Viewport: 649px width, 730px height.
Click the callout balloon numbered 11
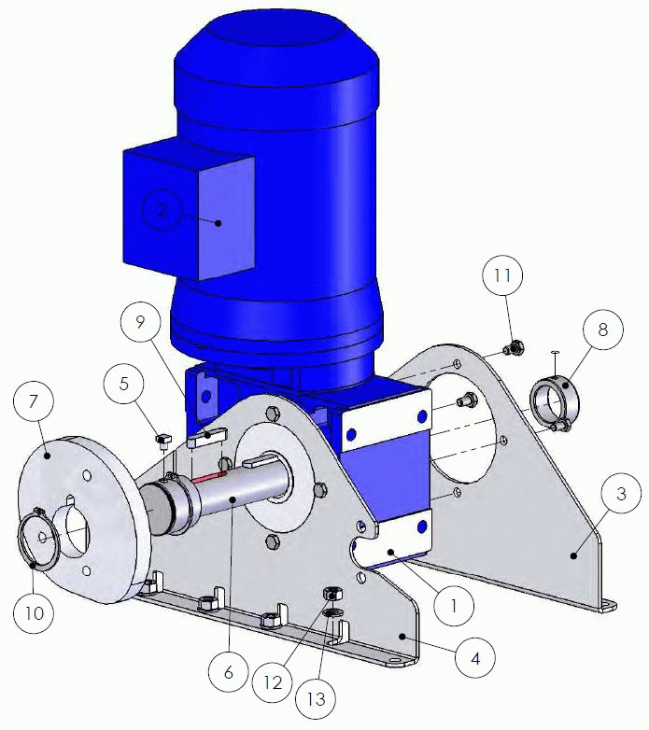pos(502,275)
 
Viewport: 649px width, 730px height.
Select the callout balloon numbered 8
pos(602,330)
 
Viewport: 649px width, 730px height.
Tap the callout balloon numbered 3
pos(622,494)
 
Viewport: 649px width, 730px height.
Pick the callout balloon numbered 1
pos(454,606)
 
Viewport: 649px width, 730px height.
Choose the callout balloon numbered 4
pos(475,658)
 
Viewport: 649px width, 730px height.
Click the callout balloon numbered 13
pos(317,699)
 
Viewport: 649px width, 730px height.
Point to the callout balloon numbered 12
pos(273,682)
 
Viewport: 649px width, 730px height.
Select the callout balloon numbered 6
pos(229,672)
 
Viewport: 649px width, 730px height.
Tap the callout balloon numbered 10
pos(34,613)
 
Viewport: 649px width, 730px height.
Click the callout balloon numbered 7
pos(33,400)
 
